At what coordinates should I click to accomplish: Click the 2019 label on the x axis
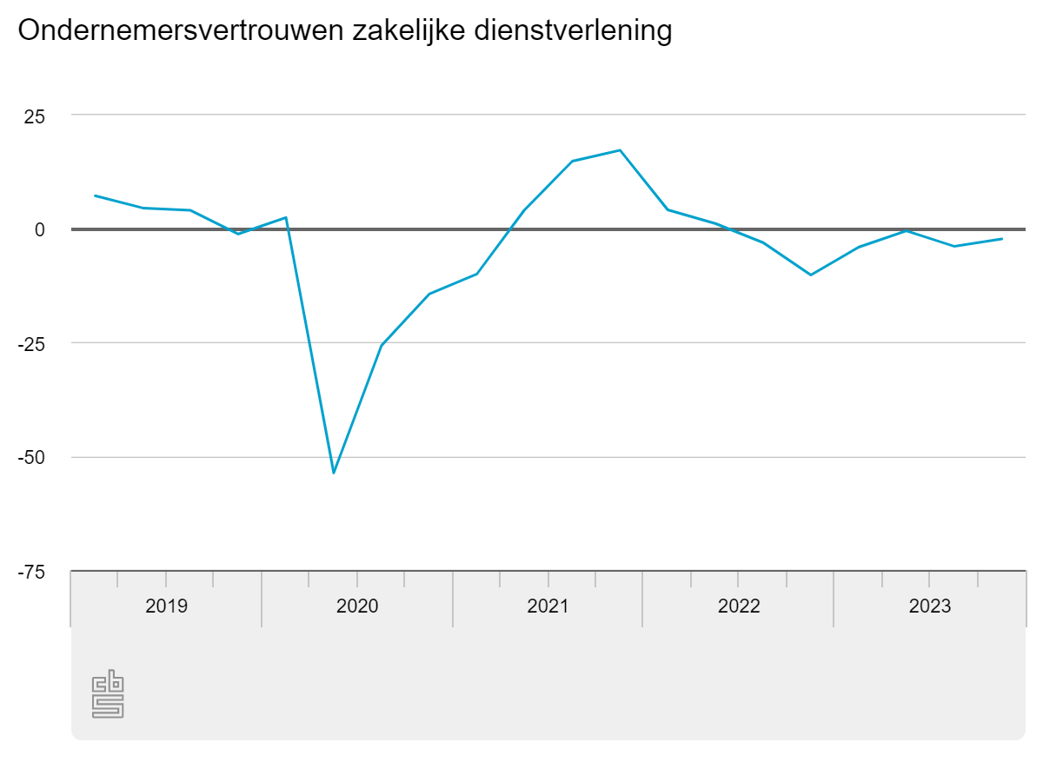point(166,606)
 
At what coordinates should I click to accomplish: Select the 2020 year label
point(357,606)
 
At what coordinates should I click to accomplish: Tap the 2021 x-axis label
point(548,606)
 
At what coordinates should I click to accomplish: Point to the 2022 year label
point(739,606)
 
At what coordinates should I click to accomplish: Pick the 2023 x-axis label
point(930,606)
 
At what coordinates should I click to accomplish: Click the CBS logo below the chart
point(108,694)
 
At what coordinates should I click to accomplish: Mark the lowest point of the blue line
point(334,473)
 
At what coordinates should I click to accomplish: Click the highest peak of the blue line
point(620,150)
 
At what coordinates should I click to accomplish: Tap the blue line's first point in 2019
point(95,195)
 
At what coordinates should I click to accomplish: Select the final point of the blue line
point(1002,239)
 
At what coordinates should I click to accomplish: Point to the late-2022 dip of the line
point(811,275)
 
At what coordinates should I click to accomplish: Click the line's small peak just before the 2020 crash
point(286,217)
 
